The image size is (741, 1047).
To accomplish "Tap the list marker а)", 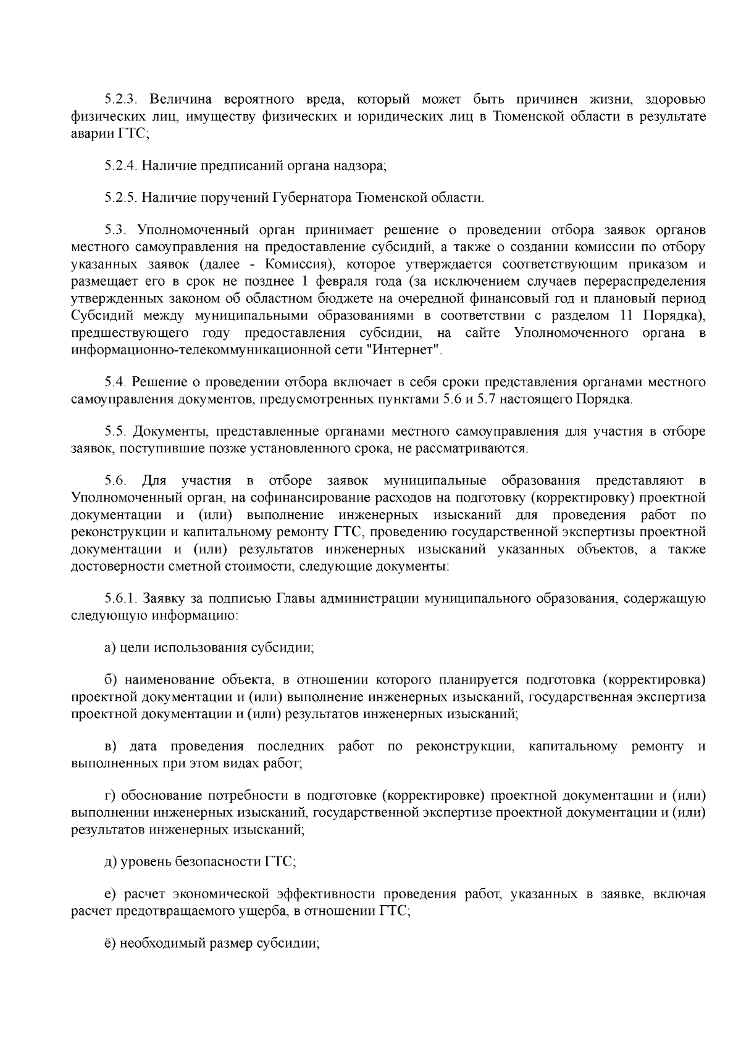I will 109,648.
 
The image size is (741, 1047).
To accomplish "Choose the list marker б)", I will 110,681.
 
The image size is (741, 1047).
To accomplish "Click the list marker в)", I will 110,747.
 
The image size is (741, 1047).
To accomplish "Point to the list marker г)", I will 109,796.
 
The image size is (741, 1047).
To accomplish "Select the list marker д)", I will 110,862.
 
